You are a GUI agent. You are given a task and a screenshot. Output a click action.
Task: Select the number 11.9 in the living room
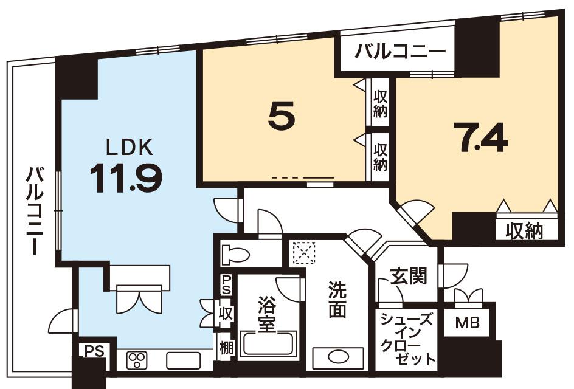[126, 177]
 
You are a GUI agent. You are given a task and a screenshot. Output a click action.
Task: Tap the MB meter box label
[467, 323]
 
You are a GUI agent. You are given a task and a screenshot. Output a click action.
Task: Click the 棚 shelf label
[224, 348]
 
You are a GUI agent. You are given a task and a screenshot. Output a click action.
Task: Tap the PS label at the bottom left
[94, 351]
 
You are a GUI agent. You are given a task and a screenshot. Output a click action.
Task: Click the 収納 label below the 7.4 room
[526, 231]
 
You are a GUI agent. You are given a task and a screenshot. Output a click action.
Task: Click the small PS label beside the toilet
[226, 284]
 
